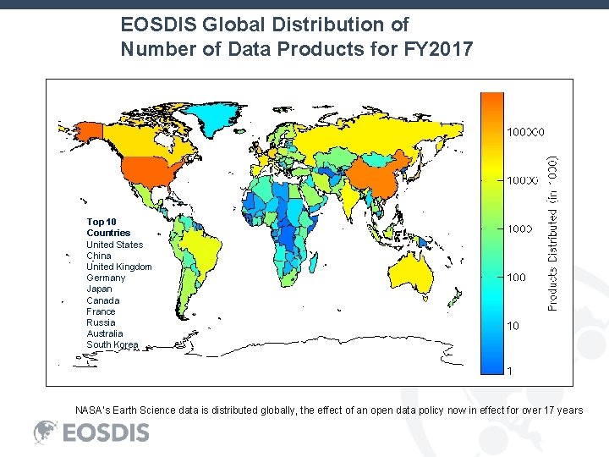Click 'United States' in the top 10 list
point(114,245)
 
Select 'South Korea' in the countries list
point(112,344)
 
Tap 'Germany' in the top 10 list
point(105,278)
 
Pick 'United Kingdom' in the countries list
point(118,267)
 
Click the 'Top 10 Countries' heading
point(108,227)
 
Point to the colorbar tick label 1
point(508,371)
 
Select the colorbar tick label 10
point(512,325)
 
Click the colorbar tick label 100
point(515,277)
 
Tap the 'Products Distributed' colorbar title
point(552,233)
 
